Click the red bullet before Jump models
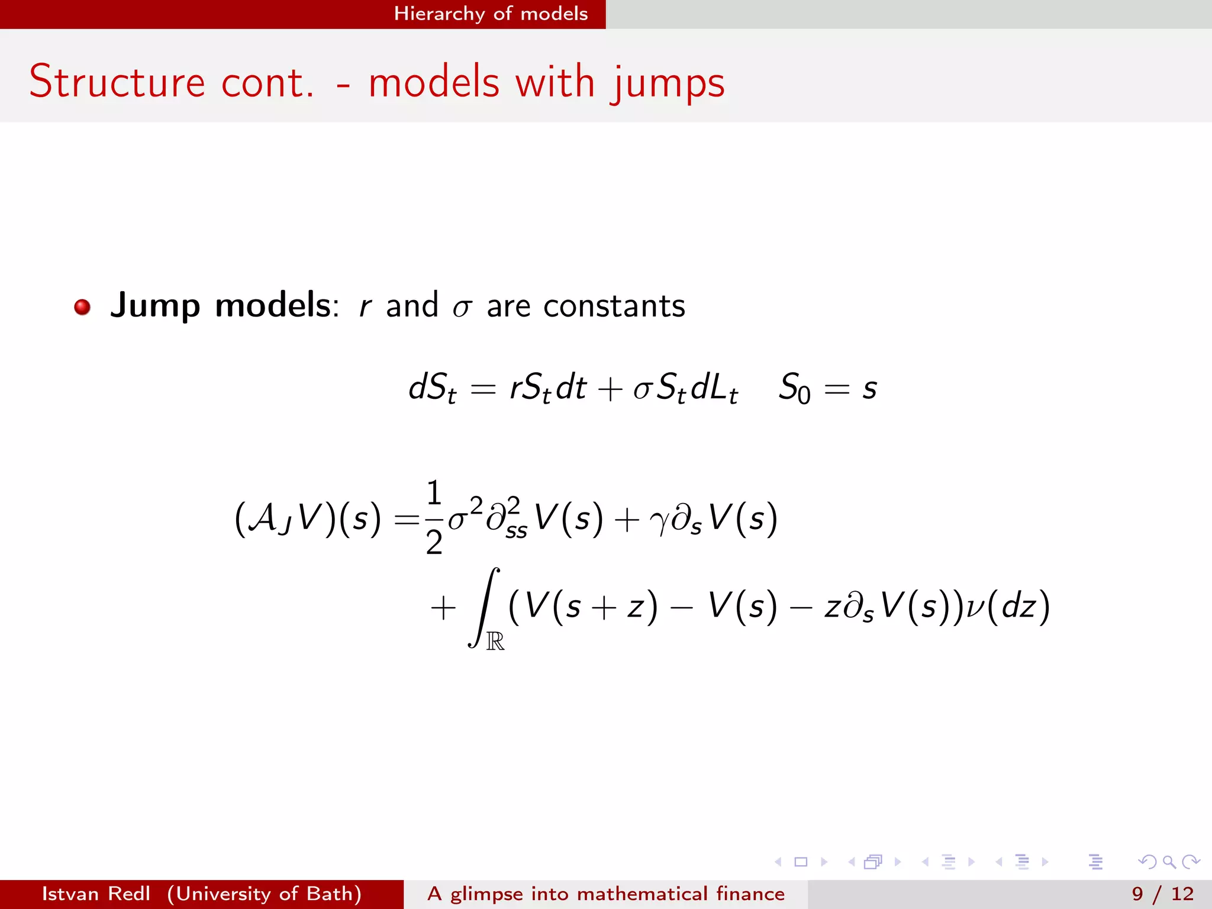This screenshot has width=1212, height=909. (x=82, y=307)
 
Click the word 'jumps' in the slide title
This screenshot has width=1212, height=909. (x=668, y=83)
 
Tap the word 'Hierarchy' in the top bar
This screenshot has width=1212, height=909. (x=439, y=14)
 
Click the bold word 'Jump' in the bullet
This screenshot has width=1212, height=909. (x=155, y=306)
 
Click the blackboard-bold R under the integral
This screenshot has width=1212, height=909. (x=495, y=641)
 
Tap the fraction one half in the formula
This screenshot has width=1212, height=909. (x=434, y=517)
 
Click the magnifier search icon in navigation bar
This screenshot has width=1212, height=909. (x=1169, y=862)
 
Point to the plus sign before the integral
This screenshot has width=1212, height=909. (x=443, y=608)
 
